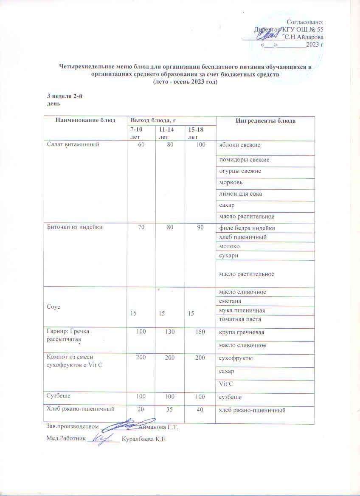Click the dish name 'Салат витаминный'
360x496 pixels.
coord(73,145)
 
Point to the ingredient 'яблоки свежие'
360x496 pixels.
coord(239,146)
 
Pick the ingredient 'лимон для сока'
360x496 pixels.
coord(240,194)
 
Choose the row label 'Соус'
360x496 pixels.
coord(53,306)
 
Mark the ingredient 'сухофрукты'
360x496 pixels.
coord(236,358)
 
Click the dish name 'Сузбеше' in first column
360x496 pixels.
coord(59,395)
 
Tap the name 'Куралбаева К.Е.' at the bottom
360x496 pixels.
coord(144,439)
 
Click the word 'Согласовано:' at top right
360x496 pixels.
coord(305,22)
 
